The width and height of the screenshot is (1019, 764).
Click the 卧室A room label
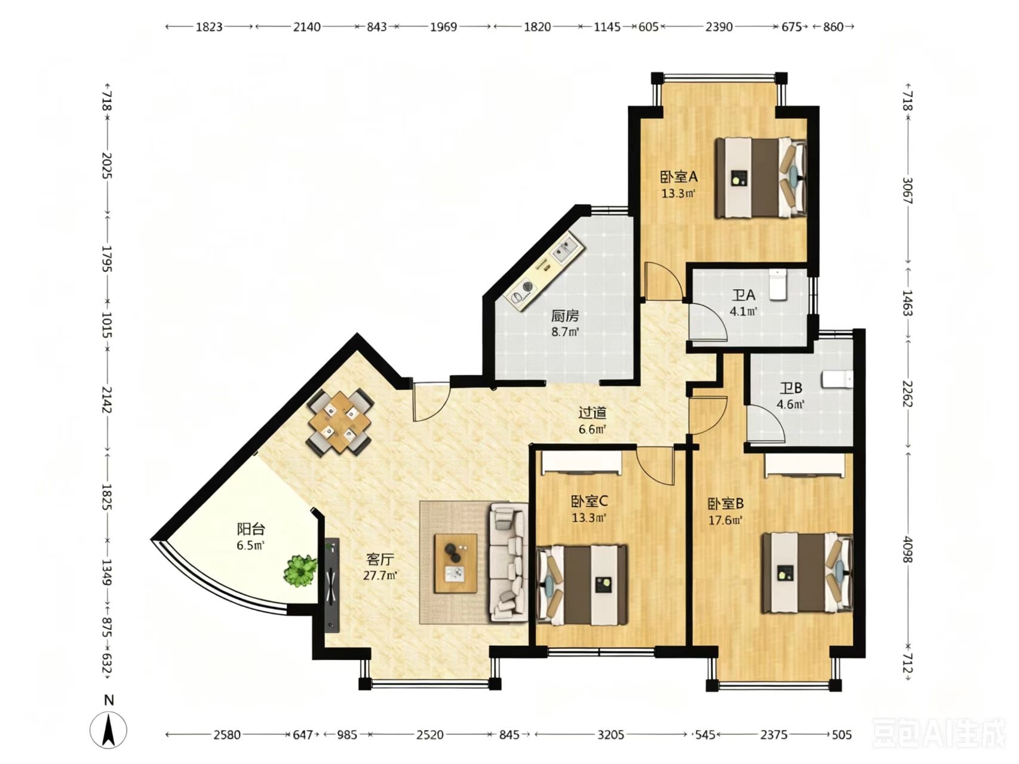(679, 177)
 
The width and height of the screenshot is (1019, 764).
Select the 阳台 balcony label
(250, 529)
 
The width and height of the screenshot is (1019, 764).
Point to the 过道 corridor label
(593, 413)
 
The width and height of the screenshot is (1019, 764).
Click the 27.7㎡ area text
(380, 576)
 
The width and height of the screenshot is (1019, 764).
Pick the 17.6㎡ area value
(725, 520)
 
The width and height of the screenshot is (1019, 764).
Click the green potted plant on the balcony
(300, 570)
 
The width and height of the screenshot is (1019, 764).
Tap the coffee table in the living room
(456, 563)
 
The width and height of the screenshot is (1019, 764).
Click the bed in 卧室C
(583, 585)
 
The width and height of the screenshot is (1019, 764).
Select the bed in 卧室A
(761, 177)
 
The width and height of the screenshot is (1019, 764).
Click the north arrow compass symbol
(109, 729)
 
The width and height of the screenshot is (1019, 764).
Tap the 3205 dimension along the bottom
(611, 734)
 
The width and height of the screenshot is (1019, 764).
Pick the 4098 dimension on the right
(907, 548)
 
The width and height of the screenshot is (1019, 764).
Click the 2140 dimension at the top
(307, 26)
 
